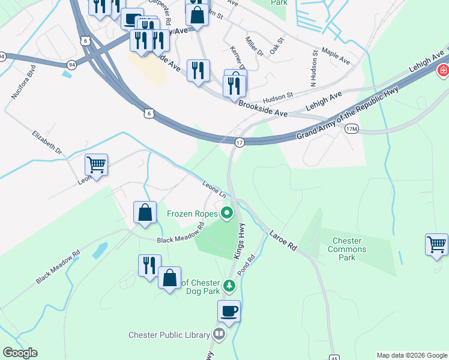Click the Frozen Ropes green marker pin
[227, 213]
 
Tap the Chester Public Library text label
[169, 335]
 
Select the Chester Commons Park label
[349, 249]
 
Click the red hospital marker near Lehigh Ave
[443, 71]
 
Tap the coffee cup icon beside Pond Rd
[229, 311]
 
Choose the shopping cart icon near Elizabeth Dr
[96, 164]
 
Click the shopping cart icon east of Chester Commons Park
[436, 244]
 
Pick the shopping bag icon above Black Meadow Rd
[145, 212]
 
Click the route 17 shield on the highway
[240, 142]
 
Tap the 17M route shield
[352, 129]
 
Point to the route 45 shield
[334, 358]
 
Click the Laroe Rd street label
[283, 239]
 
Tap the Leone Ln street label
[214, 189]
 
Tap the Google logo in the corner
[19, 353]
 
